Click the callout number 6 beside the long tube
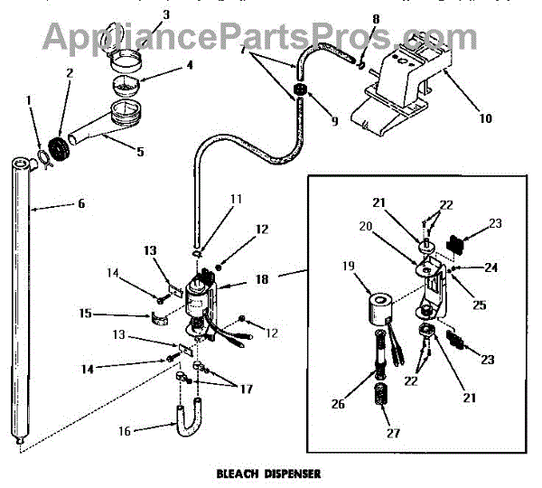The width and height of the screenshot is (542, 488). (x=80, y=204)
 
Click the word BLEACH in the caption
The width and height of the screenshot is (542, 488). (x=238, y=473)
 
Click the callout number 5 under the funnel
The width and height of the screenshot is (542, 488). (x=140, y=152)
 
